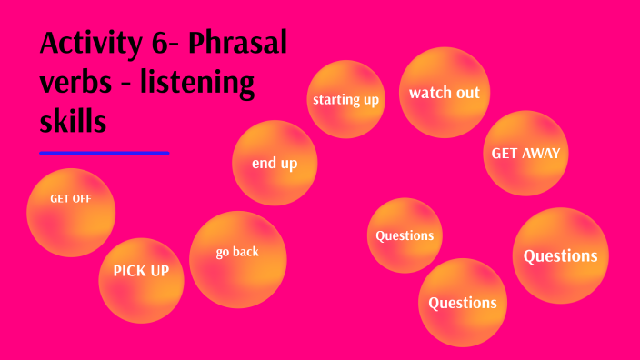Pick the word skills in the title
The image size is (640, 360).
tap(74, 119)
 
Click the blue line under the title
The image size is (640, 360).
tap(105, 153)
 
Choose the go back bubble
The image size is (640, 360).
tap(238, 259)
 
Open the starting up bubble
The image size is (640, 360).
tap(345, 99)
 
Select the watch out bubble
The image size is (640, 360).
tap(444, 93)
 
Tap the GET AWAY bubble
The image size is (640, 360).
tap(525, 153)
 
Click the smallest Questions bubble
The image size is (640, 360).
tap(405, 235)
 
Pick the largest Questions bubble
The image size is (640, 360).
tap(561, 255)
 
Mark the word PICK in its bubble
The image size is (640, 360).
tap(127, 271)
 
